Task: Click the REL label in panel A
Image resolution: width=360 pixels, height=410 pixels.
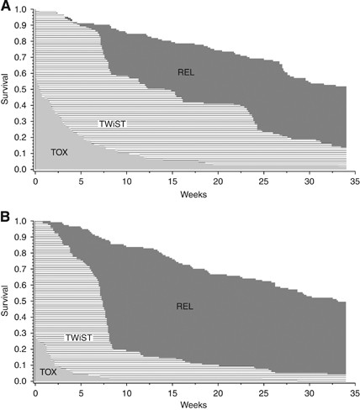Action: (x=187, y=71)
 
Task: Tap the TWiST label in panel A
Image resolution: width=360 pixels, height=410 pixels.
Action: (x=112, y=123)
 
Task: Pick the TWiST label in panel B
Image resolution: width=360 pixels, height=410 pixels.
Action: (x=77, y=337)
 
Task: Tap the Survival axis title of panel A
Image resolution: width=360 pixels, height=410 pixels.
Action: (x=7, y=91)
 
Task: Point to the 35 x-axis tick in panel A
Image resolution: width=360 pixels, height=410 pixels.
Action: (x=354, y=181)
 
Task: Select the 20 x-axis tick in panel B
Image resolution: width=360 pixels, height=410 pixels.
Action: (x=218, y=392)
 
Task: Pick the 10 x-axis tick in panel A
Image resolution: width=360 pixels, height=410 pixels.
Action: (x=126, y=181)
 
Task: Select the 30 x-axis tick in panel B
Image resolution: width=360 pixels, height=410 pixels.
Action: (x=309, y=392)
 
